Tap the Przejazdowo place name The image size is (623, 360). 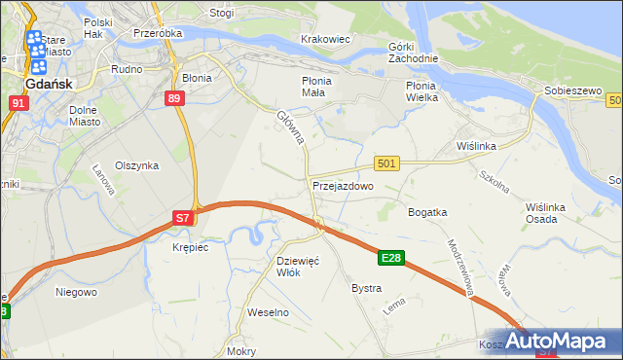[343, 185]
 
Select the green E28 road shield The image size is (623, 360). [391, 258]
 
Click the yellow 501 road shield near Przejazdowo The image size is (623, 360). [386, 164]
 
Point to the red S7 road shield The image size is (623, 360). [183, 219]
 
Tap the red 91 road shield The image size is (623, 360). [18, 102]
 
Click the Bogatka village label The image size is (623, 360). [427, 211]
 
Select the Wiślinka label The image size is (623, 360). [477, 146]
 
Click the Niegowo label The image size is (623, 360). [76, 291]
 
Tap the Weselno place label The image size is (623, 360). [269, 312]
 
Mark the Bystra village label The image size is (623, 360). [366, 289]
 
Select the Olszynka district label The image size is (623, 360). [136, 165]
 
